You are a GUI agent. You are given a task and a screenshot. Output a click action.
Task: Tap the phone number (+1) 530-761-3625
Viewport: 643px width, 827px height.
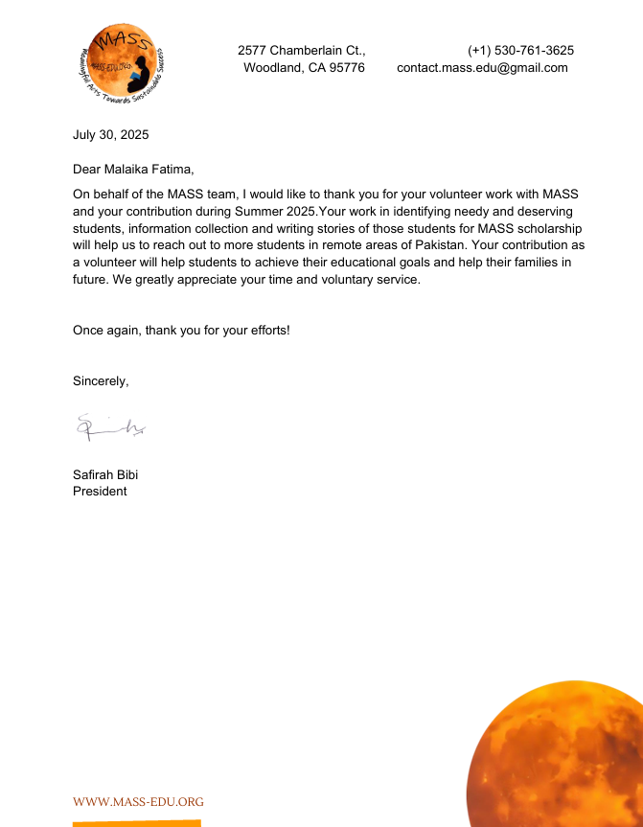click(520, 50)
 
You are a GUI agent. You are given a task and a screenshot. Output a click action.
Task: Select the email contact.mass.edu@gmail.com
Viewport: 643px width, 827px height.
click(482, 67)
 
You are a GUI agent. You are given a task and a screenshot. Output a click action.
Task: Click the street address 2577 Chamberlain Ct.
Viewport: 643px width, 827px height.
click(301, 50)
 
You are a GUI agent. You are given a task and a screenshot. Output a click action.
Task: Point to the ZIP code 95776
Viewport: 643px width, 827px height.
click(345, 67)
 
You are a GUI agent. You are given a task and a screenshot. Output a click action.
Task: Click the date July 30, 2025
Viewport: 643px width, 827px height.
click(111, 134)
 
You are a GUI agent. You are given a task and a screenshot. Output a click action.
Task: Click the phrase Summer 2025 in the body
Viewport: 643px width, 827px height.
click(277, 211)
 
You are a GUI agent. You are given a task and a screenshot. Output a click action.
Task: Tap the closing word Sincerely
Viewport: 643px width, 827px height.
click(100, 380)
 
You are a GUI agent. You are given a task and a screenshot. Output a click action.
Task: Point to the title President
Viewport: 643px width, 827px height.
click(100, 491)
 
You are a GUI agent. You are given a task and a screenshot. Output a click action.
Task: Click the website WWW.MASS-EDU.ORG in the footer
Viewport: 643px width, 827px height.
click(138, 801)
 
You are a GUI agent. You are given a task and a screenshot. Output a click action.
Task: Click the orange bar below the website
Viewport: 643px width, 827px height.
click(137, 823)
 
